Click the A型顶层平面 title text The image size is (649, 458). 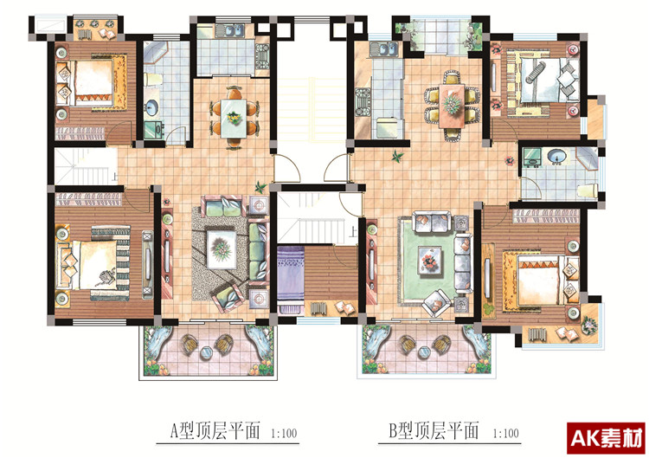(x=215, y=430)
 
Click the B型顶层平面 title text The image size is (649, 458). (x=434, y=430)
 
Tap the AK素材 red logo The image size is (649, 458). (x=606, y=438)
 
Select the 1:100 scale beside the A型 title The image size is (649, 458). (x=284, y=434)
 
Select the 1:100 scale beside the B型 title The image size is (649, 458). (x=505, y=434)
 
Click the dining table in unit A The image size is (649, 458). (x=234, y=118)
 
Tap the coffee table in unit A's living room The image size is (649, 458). (x=222, y=249)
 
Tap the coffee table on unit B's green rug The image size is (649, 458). (x=429, y=260)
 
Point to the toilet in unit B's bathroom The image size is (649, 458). (x=588, y=190)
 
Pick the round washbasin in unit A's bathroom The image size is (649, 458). (x=151, y=107)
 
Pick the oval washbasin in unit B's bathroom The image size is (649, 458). (x=556, y=156)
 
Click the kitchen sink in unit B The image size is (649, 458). (x=384, y=50)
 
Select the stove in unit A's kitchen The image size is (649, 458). (x=262, y=56)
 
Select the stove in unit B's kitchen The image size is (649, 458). (x=363, y=102)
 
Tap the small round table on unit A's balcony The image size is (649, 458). (x=206, y=352)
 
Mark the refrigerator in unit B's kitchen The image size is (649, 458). (x=389, y=127)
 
